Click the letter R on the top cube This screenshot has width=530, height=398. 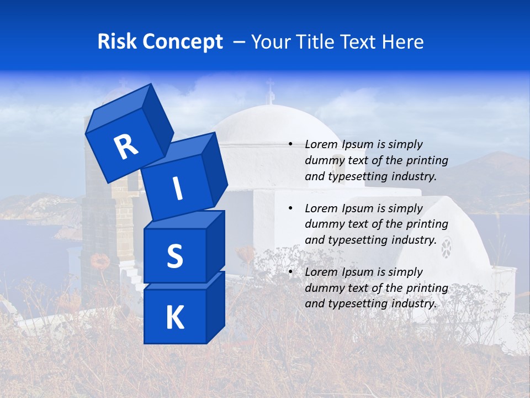pyautogui.click(x=126, y=146)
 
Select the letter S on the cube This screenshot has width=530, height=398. pyautogui.click(x=174, y=256)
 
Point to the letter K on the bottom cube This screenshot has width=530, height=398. pyautogui.click(x=174, y=318)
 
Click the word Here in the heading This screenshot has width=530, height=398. pyautogui.click(x=402, y=42)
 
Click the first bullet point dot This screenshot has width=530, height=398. pyautogui.click(x=290, y=144)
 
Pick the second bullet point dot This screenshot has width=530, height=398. pyautogui.click(x=290, y=208)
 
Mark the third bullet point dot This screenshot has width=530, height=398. pyautogui.click(x=290, y=272)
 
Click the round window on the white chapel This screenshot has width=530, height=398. pyautogui.click(x=446, y=247)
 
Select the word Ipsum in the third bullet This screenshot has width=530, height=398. pyautogui.click(x=358, y=272)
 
